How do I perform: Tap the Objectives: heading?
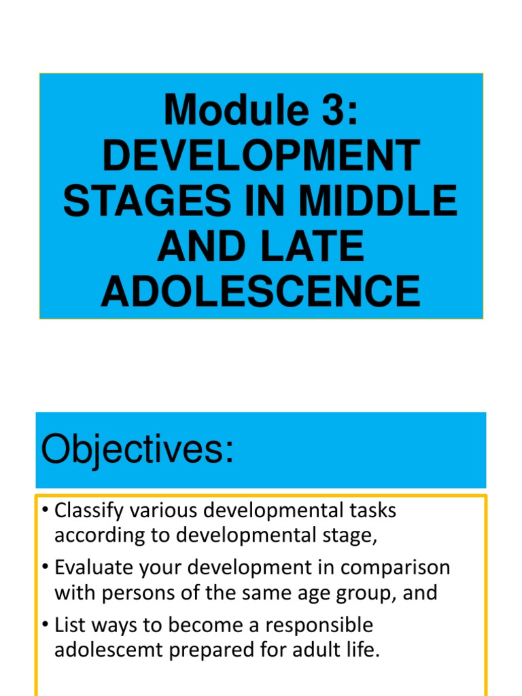click(137, 449)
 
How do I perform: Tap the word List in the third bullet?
click(68, 625)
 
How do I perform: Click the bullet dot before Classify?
click(45, 511)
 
